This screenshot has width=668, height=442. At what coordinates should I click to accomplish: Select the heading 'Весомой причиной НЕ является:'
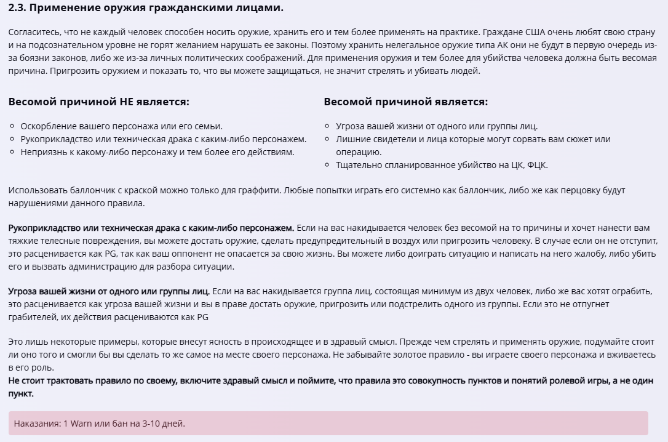(x=99, y=102)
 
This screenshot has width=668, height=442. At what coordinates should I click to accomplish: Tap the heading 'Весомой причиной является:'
(x=405, y=102)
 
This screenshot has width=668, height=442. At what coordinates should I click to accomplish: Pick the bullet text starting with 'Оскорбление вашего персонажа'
(x=121, y=126)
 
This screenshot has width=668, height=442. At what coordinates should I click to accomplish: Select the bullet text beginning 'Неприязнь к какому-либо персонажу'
(x=157, y=152)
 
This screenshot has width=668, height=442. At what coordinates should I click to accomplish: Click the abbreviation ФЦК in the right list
(x=538, y=165)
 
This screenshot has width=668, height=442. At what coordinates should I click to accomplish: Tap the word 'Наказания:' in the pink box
(x=38, y=424)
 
